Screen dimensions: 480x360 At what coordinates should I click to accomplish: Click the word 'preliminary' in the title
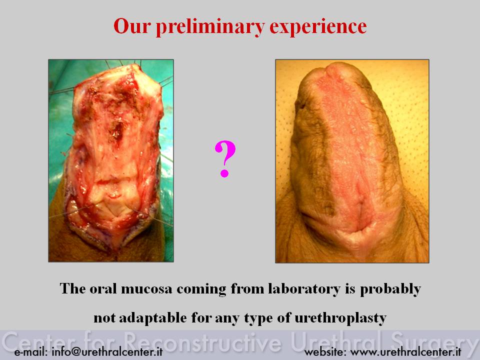(210, 27)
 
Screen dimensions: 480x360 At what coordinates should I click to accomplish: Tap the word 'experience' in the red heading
(318, 27)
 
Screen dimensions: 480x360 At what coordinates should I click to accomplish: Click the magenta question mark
(225, 159)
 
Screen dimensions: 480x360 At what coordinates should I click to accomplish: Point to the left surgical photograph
(111, 160)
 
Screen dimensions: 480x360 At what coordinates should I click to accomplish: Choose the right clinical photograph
(352, 161)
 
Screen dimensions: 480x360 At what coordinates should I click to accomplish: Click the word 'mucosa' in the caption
(146, 288)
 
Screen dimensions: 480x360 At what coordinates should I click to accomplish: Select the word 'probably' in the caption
(390, 289)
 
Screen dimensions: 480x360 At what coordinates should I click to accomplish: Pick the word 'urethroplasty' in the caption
(340, 318)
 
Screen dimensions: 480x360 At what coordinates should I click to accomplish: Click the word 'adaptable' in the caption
(152, 318)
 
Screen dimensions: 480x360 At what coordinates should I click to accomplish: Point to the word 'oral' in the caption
(103, 288)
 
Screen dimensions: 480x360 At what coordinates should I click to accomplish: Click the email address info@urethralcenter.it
(107, 351)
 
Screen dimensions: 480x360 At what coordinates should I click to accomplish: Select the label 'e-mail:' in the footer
(31, 351)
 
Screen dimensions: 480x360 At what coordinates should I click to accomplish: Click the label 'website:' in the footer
(325, 351)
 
